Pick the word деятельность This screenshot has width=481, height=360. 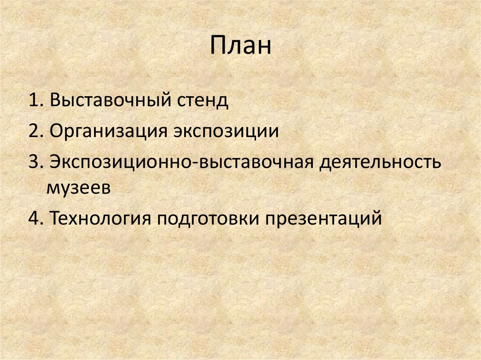coord(381,162)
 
